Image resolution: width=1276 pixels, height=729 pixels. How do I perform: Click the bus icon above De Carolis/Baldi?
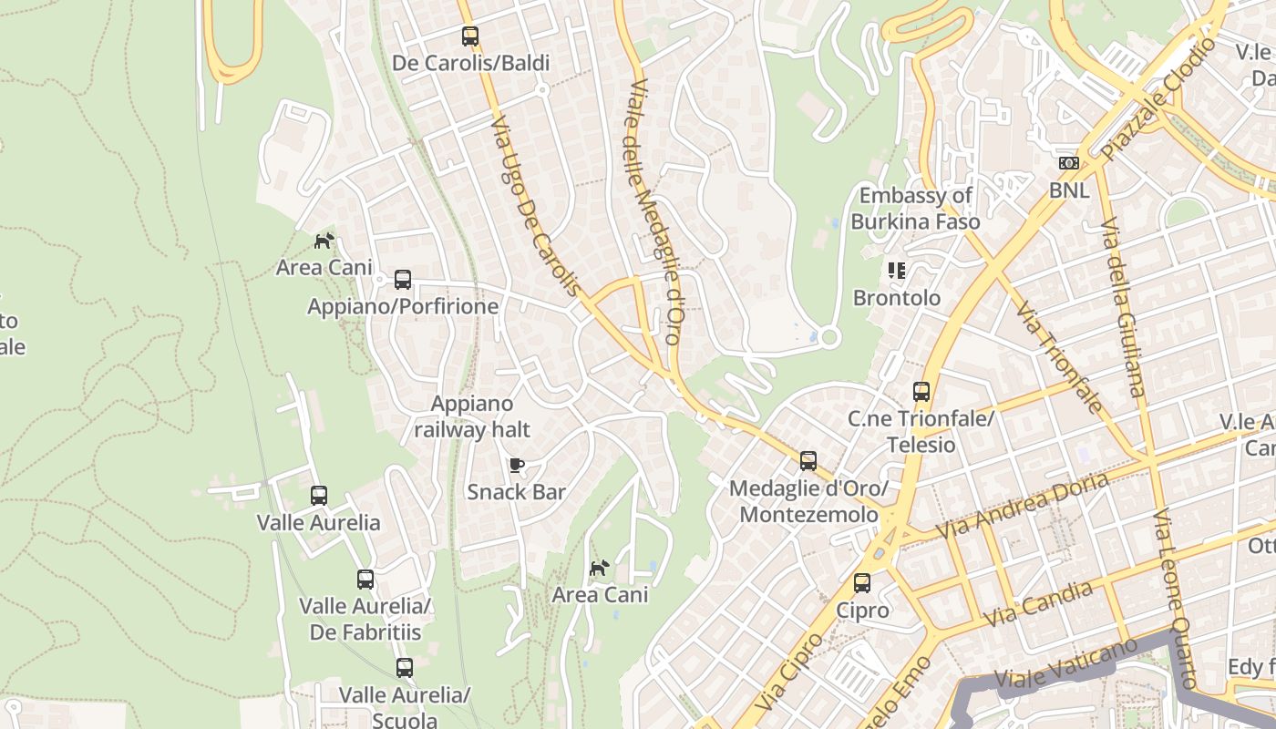coord(470,36)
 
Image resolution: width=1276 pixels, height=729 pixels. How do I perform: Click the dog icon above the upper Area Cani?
coord(324,241)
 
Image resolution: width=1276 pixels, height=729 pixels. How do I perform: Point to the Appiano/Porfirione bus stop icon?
coord(403,280)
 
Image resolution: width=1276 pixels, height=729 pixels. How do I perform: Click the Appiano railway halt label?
coord(472,416)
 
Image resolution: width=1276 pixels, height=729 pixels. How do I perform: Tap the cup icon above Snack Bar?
coord(517,466)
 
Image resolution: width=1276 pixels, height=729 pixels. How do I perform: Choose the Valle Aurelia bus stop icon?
coord(319,496)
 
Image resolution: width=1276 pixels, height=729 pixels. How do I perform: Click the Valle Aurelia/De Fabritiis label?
coord(365,619)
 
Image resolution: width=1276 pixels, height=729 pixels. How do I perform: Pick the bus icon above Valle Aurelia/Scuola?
coord(405,668)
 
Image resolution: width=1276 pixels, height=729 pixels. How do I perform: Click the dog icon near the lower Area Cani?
coord(599,569)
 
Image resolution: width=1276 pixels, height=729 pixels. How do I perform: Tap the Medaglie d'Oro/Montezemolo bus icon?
coord(808,461)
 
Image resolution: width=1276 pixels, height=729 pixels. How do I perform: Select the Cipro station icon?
coord(862,583)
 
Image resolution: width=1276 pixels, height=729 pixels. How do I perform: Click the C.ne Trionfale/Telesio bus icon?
coord(921,392)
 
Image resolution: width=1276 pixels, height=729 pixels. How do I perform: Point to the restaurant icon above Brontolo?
coord(897,271)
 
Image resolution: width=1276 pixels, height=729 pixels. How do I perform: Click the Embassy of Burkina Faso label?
coord(915,209)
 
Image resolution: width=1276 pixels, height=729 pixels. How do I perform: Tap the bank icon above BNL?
coord(1069,164)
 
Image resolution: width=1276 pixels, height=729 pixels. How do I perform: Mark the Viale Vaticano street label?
coord(1066,664)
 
